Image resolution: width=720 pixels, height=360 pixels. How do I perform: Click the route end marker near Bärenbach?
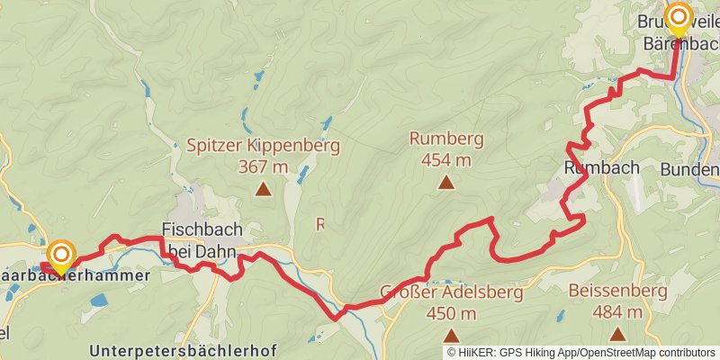click(x=678, y=18)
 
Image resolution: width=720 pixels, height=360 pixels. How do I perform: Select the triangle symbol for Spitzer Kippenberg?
click(x=263, y=189)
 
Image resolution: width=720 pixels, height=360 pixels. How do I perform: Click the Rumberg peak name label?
click(x=446, y=139)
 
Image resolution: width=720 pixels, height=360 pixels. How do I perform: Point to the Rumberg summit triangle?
click(x=445, y=183)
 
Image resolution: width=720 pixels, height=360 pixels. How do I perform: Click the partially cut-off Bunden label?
click(x=689, y=169)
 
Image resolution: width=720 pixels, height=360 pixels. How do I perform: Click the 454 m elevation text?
click(x=446, y=160)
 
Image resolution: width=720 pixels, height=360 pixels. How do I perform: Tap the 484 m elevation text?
click(x=618, y=312)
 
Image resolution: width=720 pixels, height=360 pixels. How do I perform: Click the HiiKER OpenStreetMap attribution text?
click(x=580, y=352)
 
